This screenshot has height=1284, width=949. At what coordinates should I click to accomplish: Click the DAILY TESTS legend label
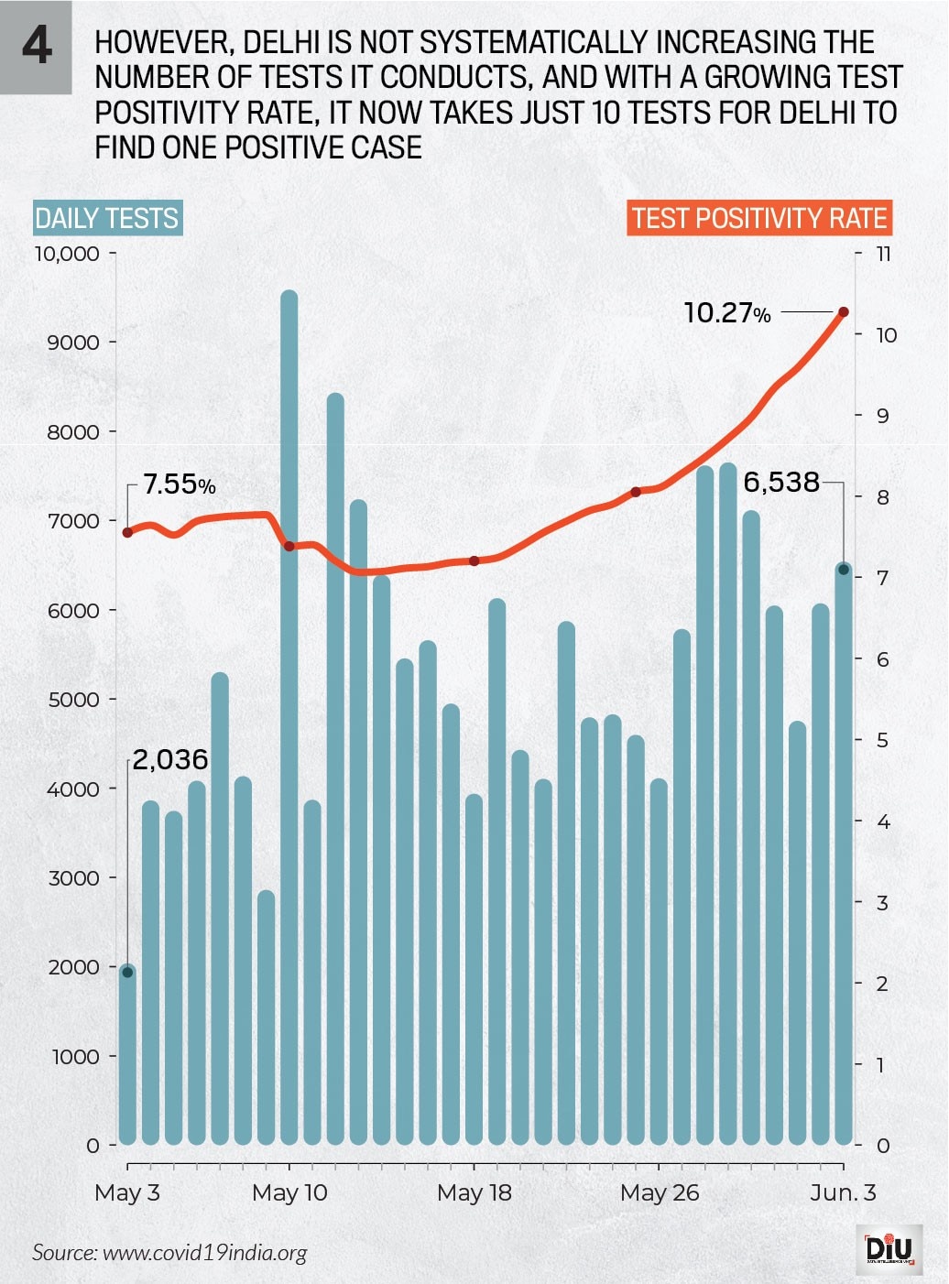pos(107,218)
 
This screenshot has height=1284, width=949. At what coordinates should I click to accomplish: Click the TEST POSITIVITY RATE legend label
pos(759,218)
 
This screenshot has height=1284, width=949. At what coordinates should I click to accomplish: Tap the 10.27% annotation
pos(727,313)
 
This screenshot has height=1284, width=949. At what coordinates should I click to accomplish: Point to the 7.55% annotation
pos(180,484)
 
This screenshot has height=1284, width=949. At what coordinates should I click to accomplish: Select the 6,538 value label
pos(781,482)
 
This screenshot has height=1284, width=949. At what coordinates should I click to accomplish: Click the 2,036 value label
pos(170,759)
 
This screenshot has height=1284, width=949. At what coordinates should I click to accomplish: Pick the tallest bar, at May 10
pos(289,714)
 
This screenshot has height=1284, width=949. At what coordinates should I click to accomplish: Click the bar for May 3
pos(127,1053)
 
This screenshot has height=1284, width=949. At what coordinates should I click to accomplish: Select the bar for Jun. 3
pos(844,852)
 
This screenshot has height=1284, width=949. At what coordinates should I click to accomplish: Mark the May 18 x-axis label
pos(474,1192)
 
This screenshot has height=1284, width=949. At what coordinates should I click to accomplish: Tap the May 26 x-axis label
pos(660,1192)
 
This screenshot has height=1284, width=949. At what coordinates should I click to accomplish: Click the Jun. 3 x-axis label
pos(843,1192)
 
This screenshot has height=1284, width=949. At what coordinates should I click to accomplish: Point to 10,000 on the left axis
pos(67,254)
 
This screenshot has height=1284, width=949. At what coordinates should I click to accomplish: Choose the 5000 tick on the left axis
pos(73,700)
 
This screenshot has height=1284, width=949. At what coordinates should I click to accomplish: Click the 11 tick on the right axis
pos(883,254)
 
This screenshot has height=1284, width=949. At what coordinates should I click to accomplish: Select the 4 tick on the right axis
pos(883,822)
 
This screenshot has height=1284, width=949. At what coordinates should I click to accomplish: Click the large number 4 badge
pos(36,46)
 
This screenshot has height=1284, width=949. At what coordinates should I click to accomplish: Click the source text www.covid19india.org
pos(204,1253)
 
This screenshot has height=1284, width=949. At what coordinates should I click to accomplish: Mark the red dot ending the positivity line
pos(844,312)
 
